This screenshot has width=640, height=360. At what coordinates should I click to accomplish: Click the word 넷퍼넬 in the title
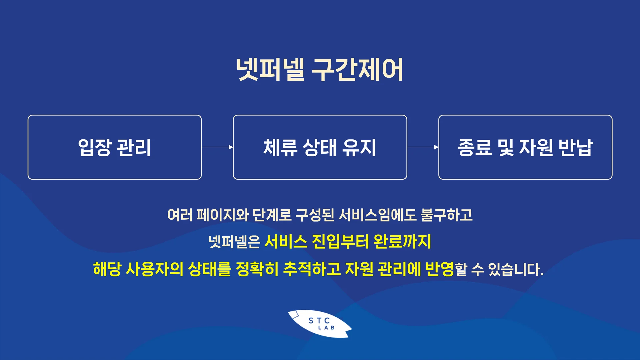click(x=270, y=70)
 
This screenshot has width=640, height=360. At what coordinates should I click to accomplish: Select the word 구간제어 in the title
click(x=357, y=70)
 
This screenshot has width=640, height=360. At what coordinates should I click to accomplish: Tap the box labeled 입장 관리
click(x=115, y=147)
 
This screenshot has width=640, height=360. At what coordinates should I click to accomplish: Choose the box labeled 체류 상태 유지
click(x=320, y=147)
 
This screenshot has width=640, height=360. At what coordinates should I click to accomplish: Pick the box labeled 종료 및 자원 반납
click(x=525, y=147)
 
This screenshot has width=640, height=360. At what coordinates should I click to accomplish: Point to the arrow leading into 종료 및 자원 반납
click(x=423, y=147)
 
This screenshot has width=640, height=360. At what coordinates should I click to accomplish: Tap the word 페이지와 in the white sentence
click(x=222, y=215)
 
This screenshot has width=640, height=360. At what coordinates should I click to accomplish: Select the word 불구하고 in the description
click(x=447, y=215)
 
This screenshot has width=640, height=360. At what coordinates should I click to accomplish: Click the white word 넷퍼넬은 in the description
click(x=234, y=242)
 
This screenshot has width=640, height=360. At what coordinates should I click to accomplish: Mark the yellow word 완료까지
click(x=402, y=242)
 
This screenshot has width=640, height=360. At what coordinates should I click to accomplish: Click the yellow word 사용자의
click(x=154, y=269)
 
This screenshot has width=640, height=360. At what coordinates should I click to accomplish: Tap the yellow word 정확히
click(x=257, y=269)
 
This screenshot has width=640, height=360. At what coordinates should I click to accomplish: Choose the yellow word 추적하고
click(x=312, y=269)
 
